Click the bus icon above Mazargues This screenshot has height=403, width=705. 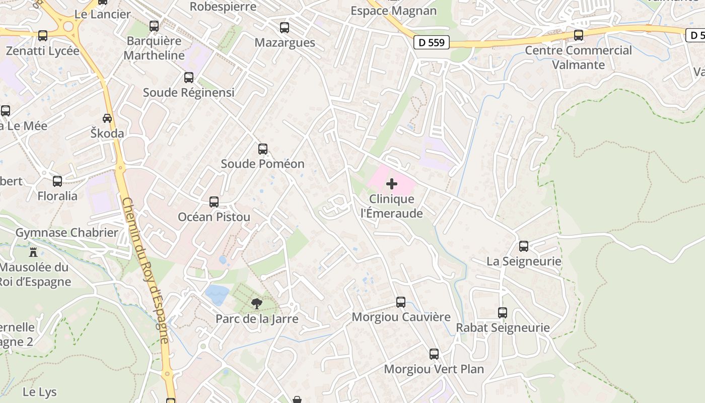285,28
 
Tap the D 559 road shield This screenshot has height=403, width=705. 432,42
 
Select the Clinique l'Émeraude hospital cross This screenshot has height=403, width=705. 391,184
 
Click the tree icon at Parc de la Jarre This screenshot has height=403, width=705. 256,303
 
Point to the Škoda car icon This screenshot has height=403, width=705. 107,118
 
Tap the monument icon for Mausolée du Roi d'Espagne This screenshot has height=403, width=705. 33,251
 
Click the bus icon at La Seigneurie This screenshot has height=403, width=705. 524,246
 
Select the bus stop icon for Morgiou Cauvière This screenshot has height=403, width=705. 401,302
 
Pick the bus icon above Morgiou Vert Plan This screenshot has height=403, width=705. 434,354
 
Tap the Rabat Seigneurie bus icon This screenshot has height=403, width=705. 503,313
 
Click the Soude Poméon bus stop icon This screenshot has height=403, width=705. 263,149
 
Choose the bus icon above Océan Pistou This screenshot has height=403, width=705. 214,202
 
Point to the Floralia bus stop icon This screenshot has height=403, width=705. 57,181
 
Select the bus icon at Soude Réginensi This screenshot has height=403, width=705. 189,78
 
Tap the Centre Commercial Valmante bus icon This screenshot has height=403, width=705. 579,35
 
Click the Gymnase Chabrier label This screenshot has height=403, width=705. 67,233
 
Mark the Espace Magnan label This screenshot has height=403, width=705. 393,11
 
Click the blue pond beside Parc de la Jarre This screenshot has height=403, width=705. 217,294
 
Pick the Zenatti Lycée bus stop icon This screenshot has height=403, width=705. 43,36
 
